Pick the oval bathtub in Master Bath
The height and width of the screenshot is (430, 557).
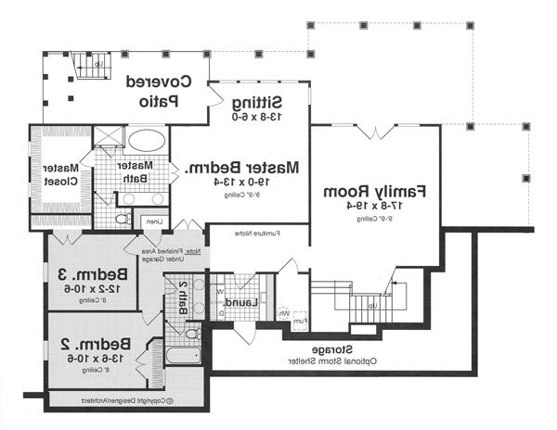click(x=145, y=141)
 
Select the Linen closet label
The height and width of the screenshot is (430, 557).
click(x=151, y=221)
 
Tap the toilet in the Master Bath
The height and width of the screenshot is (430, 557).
click(x=122, y=220)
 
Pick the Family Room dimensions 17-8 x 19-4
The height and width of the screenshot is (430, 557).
click(x=375, y=207)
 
